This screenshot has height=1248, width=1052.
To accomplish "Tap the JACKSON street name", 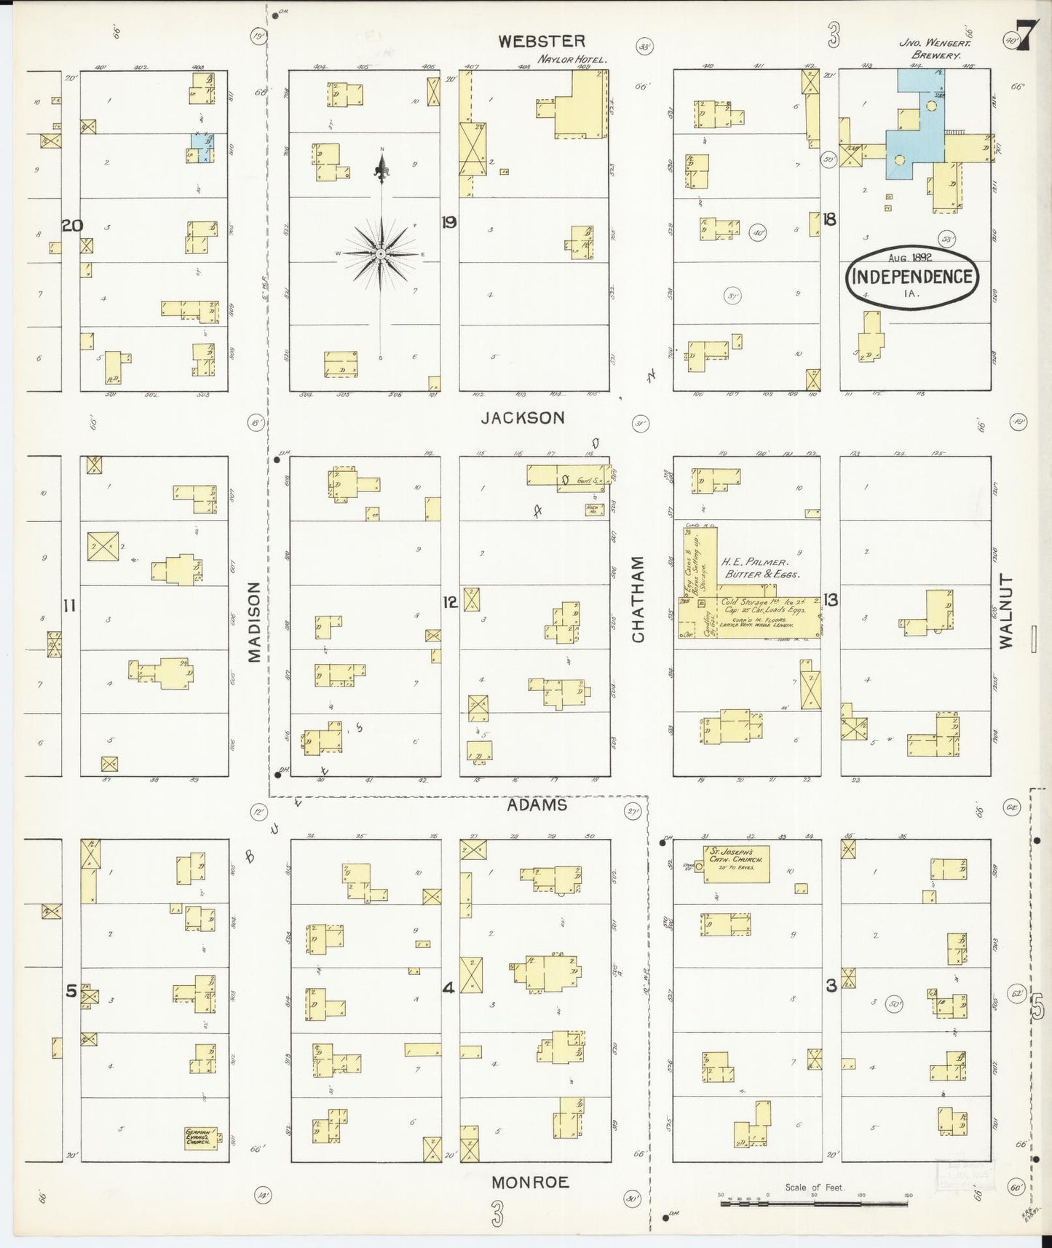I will pyautogui.click(x=523, y=418).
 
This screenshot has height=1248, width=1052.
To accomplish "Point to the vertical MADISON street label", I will pyautogui.click(x=254, y=621).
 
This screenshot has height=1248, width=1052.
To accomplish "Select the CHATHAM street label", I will pyautogui.click(x=638, y=599).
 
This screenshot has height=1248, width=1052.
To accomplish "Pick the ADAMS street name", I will pyautogui.click(x=537, y=805).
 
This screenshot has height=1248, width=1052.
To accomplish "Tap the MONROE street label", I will pyautogui.click(x=529, y=1181).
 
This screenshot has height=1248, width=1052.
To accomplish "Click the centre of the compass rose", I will pyautogui.click(x=381, y=253).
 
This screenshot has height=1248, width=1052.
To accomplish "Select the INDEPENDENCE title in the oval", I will pyautogui.click(x=911, y=277).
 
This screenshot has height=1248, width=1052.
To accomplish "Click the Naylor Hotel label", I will pyautogui.click(x=572, y=59).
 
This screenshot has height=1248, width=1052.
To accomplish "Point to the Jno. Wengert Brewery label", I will pyautogui.click(x=930, y=49).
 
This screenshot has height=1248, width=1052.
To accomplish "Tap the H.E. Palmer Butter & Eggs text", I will pyautogui.click(x=760, y=568).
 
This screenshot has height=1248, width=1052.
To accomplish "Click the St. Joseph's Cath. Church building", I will pyautogui.click(x=736, y=864).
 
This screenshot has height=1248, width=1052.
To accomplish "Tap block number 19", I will pyautogui.click(x=448, y=223).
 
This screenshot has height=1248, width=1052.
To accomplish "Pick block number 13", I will pyautogui.click(x=831, y=600).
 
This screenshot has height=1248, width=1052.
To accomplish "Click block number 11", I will pyautogui.click(x=70, y=606).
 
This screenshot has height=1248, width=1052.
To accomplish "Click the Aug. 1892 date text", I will pyautogui.click(x=910, y=258).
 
